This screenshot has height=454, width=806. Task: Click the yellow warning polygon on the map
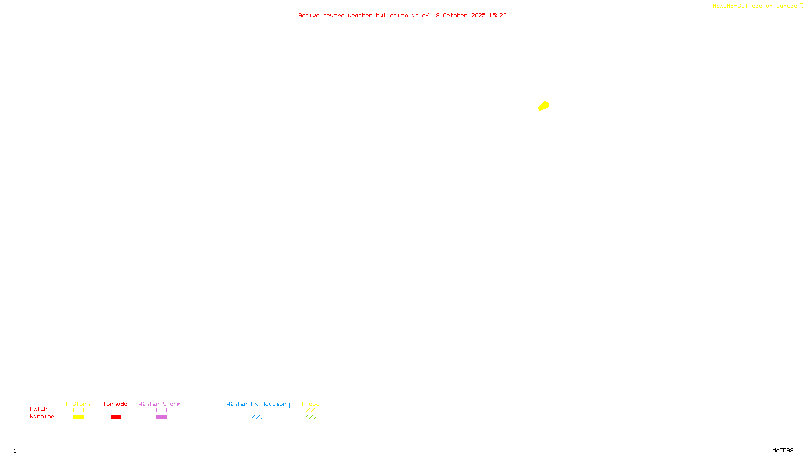pos(544,106)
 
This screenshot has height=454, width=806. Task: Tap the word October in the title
pos(455,15)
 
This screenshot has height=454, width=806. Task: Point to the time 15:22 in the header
pos(498,15)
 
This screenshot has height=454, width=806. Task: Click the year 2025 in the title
pos(478,15)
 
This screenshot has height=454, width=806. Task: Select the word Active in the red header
pos(309,15)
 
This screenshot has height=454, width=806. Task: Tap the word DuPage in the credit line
pos(786,6)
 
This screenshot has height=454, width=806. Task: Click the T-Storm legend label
pos(78,404)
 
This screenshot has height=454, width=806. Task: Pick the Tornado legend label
pos(115,404)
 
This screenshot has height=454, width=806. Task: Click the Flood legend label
pos(311,404)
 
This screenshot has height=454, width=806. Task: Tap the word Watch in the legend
pos(39,409)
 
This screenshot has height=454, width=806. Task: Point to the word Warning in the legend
pos(42,417)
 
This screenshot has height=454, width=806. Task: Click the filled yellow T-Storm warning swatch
pos(78,417)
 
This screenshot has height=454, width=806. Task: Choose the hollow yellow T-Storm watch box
pos(78,410)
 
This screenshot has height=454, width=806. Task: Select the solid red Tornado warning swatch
pos(116,417)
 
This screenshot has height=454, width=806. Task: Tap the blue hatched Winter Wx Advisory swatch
pos(257,417)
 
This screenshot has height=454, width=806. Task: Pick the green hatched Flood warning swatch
pos(311,417)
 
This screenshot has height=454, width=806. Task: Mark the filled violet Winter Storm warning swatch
pos(161,417)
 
